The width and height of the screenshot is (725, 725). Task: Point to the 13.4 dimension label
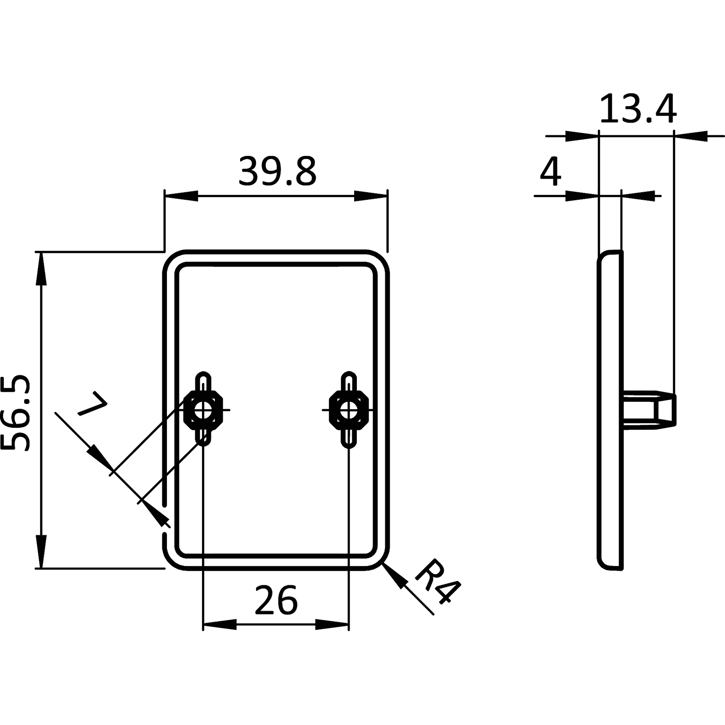click(x=638, y=109)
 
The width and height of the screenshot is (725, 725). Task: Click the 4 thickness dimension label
click(x=551, y=172)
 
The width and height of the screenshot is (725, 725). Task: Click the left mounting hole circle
click(x=203, y=410)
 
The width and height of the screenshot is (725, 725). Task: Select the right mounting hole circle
click(x=349, y=410)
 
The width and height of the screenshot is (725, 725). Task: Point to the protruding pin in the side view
click(x=649, y=410)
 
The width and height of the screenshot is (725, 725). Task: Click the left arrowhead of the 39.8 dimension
click(x=182, y=196)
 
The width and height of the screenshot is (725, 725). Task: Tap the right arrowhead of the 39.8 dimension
click(x=371, y=196)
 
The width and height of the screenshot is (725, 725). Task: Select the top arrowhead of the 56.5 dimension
click(x=41, y=268)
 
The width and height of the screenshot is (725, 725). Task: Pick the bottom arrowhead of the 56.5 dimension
click(x=41, y=551)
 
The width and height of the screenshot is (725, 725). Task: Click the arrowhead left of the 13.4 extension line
click(x=582, y=136)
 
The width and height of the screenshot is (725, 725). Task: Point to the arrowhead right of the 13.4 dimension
click(x=691, y=136)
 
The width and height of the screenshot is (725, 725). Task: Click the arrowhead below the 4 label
click(x=582, y=196)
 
